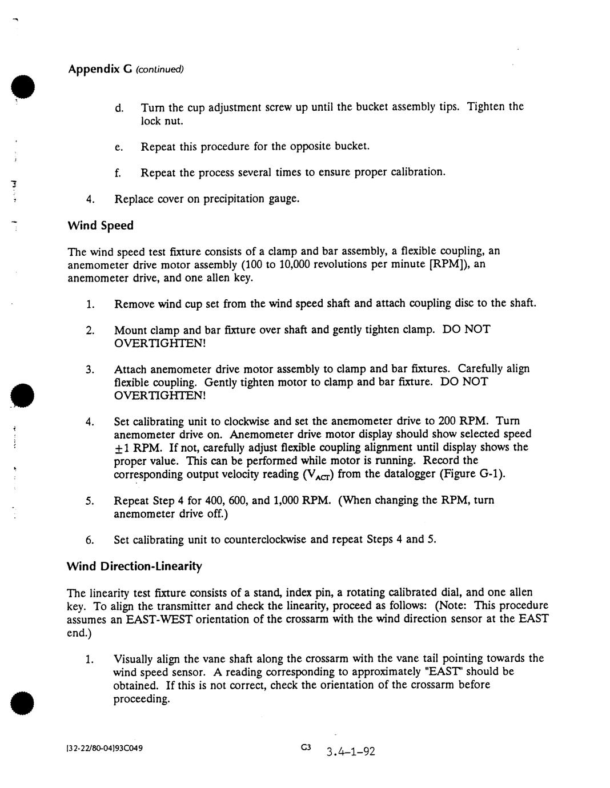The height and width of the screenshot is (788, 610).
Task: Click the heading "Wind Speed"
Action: tap(101, 226)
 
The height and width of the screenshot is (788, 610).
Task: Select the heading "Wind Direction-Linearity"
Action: tap(135, 566)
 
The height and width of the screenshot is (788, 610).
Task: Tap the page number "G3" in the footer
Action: tap(306, 747)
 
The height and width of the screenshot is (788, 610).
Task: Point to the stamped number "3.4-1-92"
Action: tap(351, 751)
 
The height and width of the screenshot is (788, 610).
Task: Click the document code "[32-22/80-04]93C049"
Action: tap(105, 748)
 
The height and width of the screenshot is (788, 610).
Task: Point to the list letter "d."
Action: tap(119, 107)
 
